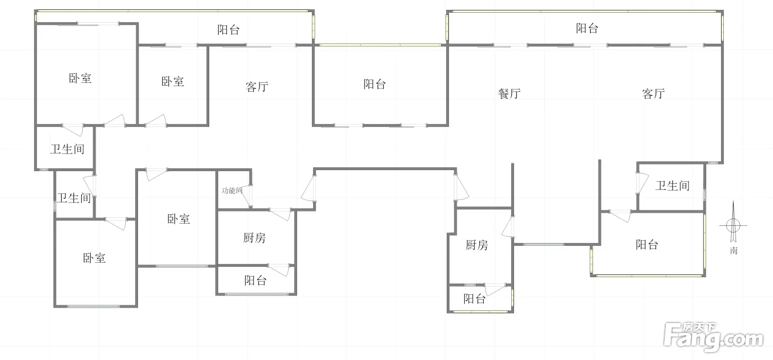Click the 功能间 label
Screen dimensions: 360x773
click(x=232, y=190)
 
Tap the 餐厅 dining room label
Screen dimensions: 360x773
click(x=509, y=94)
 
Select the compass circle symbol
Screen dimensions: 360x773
click(x=733, y=225)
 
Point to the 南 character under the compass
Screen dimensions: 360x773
click(x=733, y=251)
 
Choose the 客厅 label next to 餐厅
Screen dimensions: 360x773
click(x=653, y=94)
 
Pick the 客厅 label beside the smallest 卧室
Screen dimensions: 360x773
click(x=257, y=87)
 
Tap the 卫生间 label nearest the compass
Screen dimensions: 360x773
click(x=672, y=186)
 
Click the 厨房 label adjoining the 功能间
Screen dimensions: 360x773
click(x=254, y=238)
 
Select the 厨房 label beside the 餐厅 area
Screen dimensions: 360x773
click(x=476, y=245)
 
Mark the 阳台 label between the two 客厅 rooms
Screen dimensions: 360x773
click(x=374, y=84)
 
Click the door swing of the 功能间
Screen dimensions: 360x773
click(x=247, y=197)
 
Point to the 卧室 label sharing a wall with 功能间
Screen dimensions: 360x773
click(x=178, y=219)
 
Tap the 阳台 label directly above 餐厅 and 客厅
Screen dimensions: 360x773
click(x=586, y=28)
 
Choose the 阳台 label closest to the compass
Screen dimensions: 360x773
click(x=647, y=245)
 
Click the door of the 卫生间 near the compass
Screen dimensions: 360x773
click(x=642, y=182)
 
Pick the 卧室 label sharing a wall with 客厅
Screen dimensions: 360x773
click(x=173, y=82)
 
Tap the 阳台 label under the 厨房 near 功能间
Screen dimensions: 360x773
click(x=255, y=280)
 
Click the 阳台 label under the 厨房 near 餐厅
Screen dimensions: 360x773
click(x=474, y=299)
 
